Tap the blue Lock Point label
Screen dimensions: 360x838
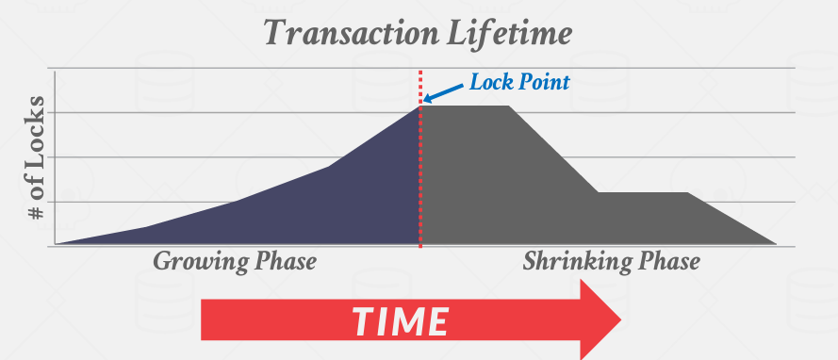(x=520, y=83)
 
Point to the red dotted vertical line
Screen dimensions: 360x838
(x=420, y=188)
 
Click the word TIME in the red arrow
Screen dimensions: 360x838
(x=400, y=321)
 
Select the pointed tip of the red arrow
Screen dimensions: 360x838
(x=619, y=319)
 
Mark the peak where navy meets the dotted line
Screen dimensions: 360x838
(x=419, y=106)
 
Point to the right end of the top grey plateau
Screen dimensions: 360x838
(x=508, y=106)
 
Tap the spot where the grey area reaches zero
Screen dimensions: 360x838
(x=776, y=244)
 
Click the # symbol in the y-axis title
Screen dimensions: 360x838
(x=37, y=212)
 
